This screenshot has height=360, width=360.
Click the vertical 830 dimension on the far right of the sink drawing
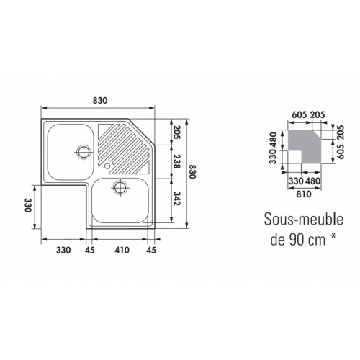(192, 172)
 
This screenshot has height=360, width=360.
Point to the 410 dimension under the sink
(121, 251)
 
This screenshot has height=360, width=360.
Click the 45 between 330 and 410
(90, 251)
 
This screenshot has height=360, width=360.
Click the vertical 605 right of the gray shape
(332, 151)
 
